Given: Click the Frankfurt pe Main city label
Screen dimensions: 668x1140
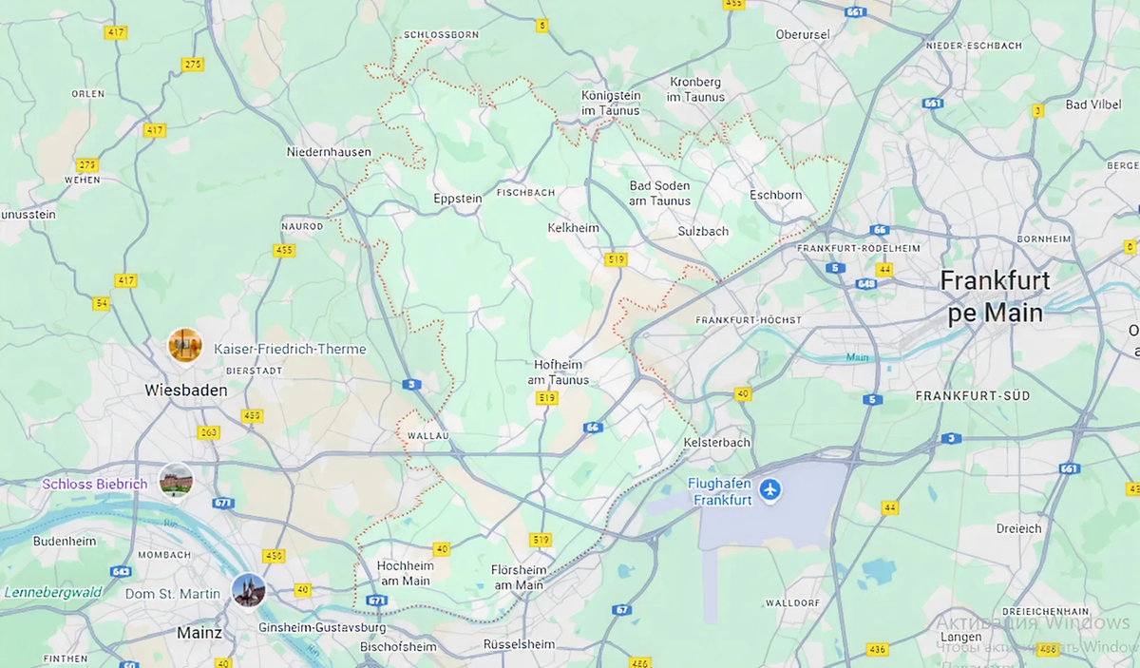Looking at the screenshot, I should [x=995, y=296].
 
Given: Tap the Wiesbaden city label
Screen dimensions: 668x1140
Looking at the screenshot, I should [x=186, y=391].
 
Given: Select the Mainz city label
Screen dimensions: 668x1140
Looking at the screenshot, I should [x=199, y=633].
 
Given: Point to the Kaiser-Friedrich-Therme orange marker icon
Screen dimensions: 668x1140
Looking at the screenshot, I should [x=185, y=345].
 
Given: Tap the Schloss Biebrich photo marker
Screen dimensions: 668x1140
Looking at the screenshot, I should [x=176, y=481].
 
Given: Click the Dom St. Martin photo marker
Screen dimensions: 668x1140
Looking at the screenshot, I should [x=249, y=590].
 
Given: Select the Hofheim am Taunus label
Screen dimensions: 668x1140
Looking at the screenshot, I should [x=559, y=372].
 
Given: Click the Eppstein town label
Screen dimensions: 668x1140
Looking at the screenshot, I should [x=458, y=199].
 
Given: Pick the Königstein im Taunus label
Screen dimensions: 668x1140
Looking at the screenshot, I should [x=611, y=103].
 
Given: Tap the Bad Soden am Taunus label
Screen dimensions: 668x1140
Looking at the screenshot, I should [x=659, y=193].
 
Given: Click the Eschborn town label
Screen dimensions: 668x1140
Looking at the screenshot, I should [x=775, y=195].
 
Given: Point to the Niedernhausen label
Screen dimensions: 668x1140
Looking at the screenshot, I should [x=329, y=152].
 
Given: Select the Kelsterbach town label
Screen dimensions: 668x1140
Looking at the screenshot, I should [x=716, y=443].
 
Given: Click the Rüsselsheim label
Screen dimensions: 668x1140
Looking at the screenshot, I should [x=519, y=644].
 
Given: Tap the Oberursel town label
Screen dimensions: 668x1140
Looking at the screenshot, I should [x=803, y=34].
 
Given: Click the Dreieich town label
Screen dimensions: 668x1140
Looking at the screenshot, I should [x=1018, y=528].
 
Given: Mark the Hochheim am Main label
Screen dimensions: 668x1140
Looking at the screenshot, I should [x=406, y=573].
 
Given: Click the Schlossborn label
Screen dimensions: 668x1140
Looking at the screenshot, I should [x=441, y=34].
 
